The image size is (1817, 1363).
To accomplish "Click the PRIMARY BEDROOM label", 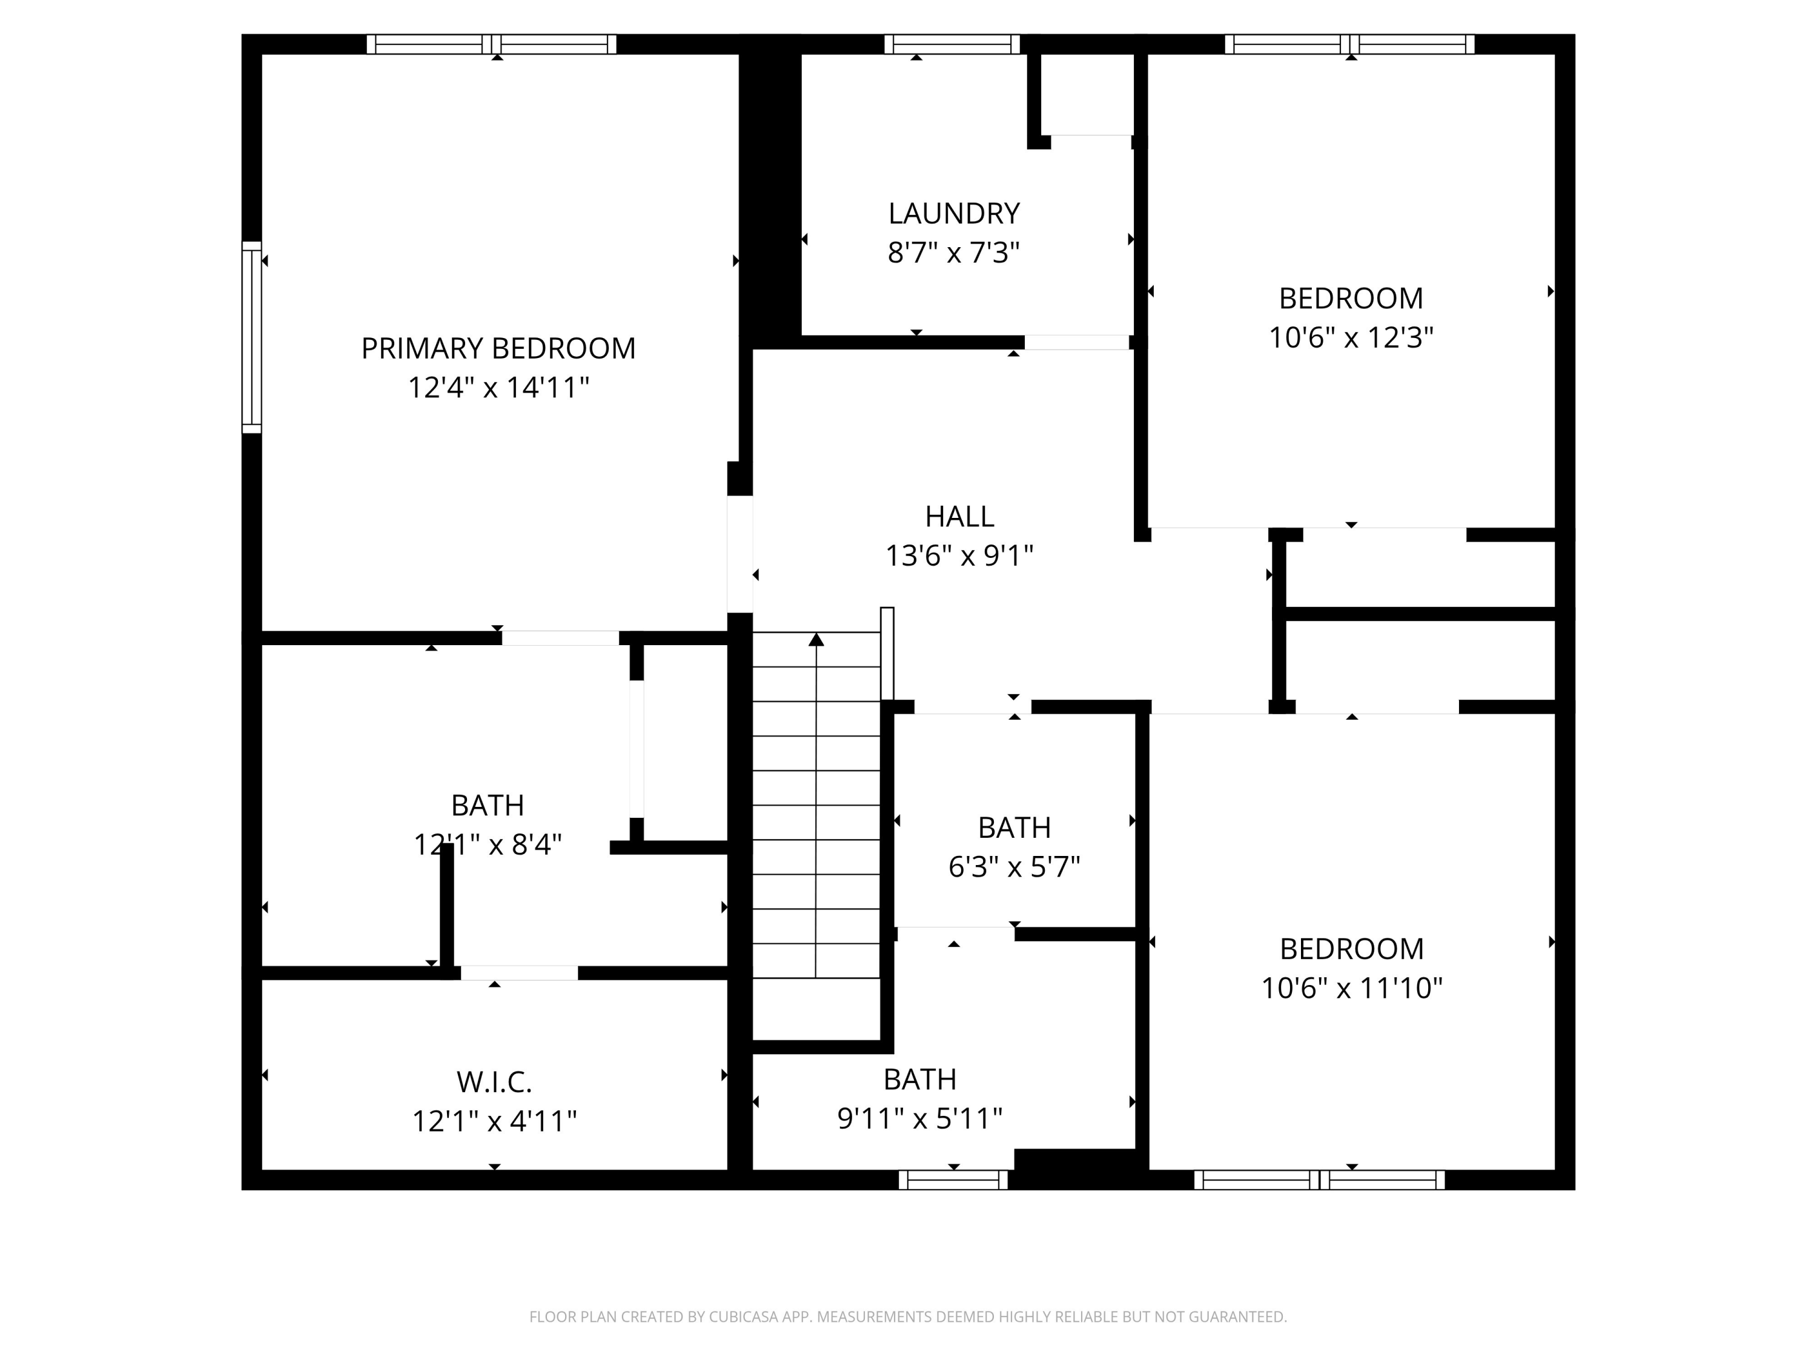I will (498, 348).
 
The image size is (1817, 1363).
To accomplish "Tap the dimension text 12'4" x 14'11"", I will (498, 388).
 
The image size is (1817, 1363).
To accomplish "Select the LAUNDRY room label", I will (954, 214).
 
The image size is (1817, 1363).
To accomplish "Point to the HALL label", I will (959, 517).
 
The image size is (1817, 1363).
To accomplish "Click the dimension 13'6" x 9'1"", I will (959, 556).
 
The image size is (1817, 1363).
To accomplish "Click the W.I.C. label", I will (494, 1082).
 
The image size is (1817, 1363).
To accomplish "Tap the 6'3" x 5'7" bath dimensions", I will (1014, 867).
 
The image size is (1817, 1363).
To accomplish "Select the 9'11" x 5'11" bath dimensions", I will (919, 1118).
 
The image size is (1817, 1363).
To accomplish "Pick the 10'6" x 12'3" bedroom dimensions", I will (1351, 337).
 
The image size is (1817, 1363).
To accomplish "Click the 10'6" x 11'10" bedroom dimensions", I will (1351, 987).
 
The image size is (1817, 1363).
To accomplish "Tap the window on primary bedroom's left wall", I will (251, 337).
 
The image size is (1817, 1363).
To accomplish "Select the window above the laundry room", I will (952, 44).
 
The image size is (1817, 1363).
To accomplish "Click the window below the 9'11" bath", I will (953, 1181).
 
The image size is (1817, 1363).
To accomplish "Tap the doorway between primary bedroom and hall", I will (740, 554).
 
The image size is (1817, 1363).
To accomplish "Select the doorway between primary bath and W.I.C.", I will (518, 973).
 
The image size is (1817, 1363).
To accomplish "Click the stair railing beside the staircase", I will (887, 653).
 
